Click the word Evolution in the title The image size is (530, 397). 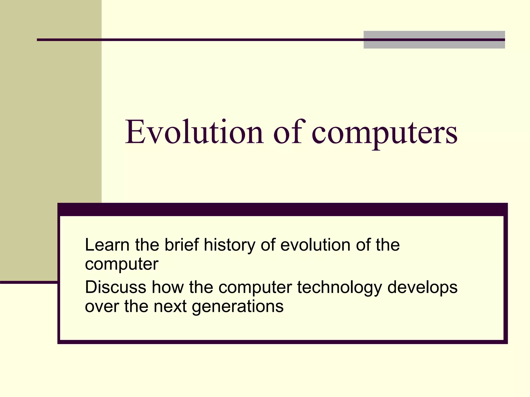[194, 132]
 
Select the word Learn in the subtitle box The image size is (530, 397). [107, 245]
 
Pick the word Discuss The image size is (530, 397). [115, 287]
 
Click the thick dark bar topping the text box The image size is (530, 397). [282, 209]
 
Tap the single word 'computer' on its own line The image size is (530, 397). [122, 265]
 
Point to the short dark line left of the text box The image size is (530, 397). [28, 282]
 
